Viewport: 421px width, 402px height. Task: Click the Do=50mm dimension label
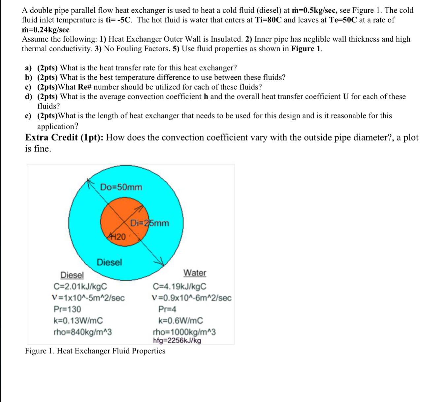tap(121, 187)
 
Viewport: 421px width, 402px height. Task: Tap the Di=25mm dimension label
tap(149, 223)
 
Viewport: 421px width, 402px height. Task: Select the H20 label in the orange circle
tap(117, 237)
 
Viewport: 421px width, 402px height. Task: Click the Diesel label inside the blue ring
tap(109, 262)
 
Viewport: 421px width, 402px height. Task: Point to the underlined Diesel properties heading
tap(72, 275)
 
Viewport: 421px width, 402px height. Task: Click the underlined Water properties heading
tap(195, 273)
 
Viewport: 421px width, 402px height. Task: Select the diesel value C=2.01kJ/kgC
tap(80, 286)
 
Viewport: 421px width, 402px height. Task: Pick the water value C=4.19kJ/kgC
tap(179, 286)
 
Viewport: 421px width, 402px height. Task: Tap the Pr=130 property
tap(67, 309)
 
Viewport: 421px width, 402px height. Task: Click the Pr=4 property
tap(167, 309)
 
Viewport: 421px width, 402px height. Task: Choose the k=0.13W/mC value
tap(78, 320)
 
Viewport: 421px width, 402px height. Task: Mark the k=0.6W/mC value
tap(180, 320)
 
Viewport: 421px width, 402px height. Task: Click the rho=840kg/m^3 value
tap(82, 332)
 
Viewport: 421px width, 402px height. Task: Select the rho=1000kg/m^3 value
tap(184, 332)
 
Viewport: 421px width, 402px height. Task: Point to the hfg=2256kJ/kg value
tap(177, 341)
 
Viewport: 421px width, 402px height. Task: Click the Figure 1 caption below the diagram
tap(95, 351)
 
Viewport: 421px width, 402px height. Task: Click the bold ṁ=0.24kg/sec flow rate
tap(46, 29)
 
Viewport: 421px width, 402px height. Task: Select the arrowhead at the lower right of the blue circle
tap(160, 262)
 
